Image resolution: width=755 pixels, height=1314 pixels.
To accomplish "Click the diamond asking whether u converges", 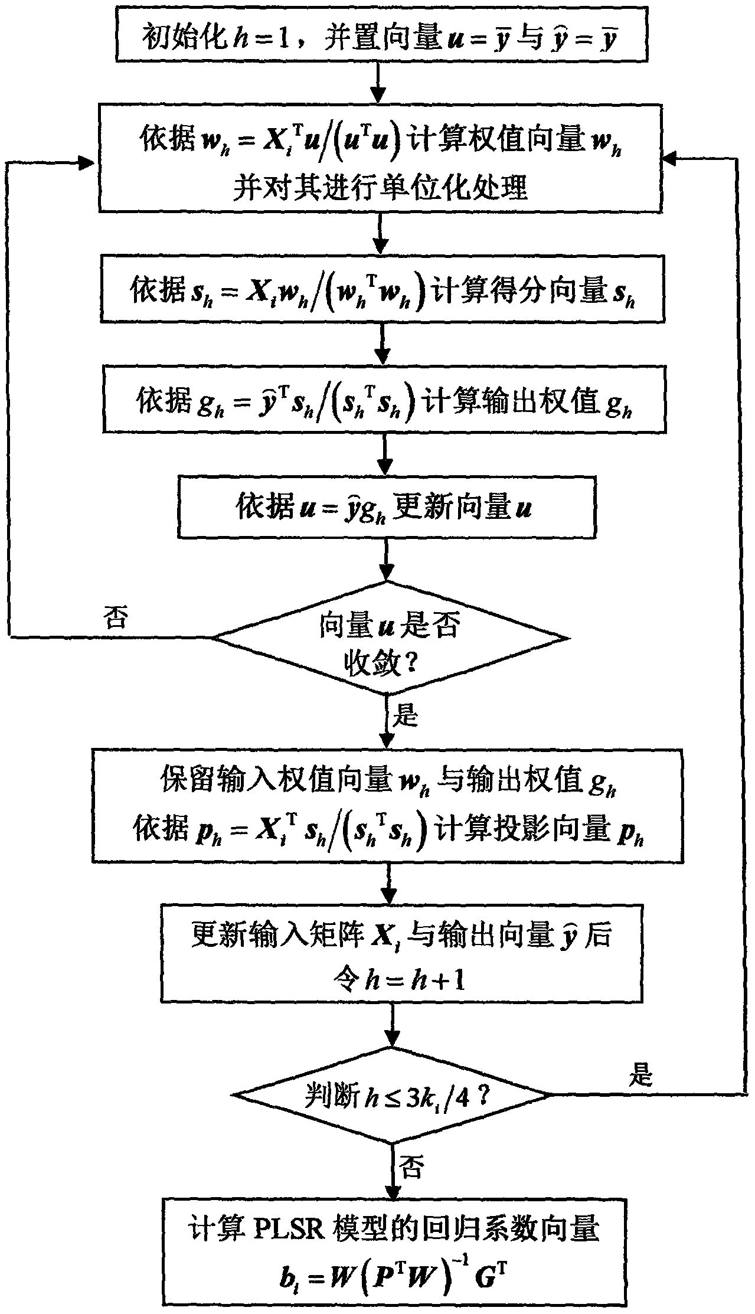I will tap(390, 638).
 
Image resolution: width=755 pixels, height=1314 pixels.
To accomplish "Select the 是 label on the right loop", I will tap(640, 1076).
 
